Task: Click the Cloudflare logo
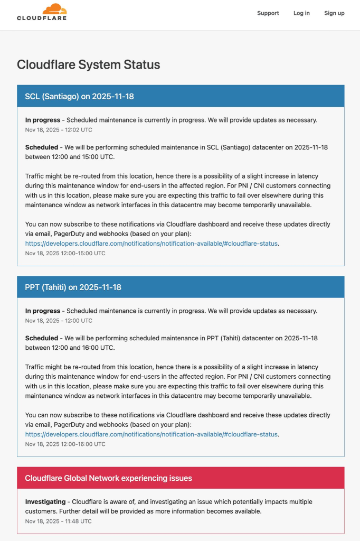42,12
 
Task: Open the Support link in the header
268,13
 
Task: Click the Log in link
301,13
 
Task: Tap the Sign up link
334,13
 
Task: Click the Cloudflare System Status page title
88,64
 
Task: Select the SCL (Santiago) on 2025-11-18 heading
79,96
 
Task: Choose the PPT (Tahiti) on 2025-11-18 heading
73,287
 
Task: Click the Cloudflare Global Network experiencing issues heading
108,478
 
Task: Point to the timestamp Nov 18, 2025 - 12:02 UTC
59,129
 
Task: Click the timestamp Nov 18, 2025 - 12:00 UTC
59,321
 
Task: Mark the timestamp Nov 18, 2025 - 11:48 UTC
58,521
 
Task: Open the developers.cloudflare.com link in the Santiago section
151,244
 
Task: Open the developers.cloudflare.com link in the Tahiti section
151,434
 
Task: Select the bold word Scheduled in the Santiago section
42,147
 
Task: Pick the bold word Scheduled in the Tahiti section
42,338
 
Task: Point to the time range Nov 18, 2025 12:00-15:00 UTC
65,253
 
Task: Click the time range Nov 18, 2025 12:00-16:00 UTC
65,444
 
